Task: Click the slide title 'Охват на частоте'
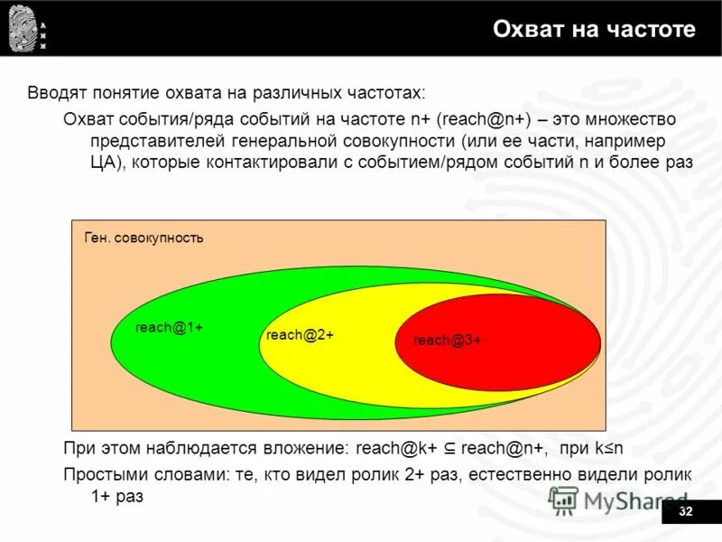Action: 594,30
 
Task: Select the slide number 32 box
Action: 685,512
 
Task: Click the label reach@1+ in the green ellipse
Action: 168,328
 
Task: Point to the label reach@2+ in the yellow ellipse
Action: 300,335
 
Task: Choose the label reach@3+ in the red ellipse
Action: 447,341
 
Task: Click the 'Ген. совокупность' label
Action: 143,238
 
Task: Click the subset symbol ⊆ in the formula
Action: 449,448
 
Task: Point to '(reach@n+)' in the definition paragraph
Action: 484,119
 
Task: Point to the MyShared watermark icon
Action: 564,500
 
